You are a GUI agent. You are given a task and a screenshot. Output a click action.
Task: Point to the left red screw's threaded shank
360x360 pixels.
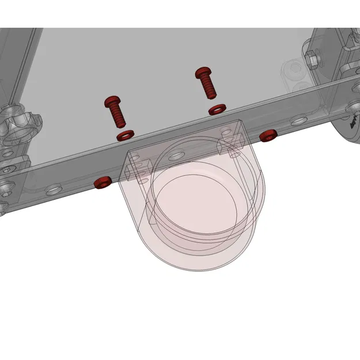tap(118, 118)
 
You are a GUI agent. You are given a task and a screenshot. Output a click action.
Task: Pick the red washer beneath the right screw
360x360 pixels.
tap(217, 108)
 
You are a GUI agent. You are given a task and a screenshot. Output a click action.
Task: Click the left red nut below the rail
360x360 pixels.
tap(102, 183)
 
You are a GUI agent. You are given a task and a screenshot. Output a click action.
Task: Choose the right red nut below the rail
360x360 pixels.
tap(268, 135)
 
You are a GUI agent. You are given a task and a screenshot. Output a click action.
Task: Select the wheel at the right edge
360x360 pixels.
tap(348, 124)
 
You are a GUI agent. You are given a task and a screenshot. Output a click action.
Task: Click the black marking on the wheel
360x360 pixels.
tap(353, 120)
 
